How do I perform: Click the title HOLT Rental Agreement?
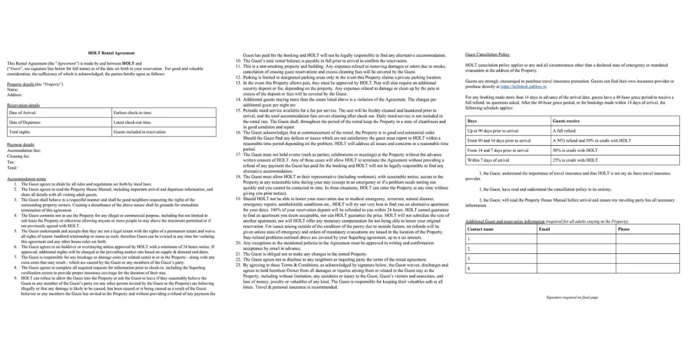click(111, 52)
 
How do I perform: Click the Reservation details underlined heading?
click(23, 105)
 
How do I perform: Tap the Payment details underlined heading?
click(20, 144)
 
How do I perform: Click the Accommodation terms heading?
click(26, 179)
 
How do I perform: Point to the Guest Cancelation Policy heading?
click(487, 53)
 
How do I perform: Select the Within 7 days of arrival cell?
click(494, 161)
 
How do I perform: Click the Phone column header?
click(624, 229)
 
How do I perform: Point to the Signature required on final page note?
click(572, 296)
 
